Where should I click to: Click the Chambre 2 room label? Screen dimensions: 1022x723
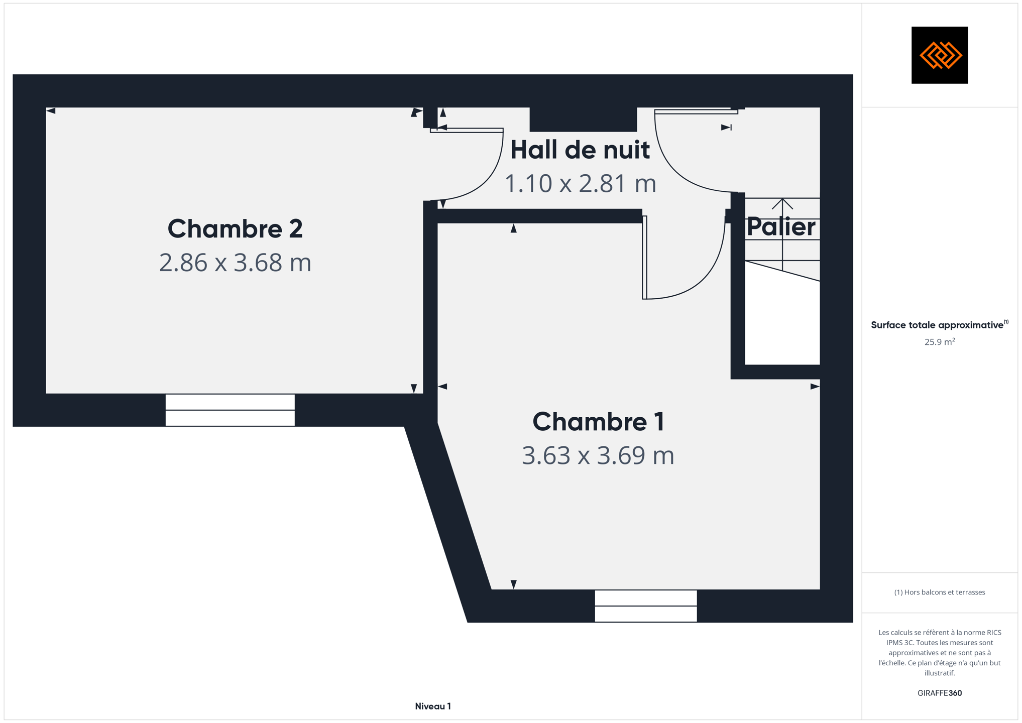click(235, 229)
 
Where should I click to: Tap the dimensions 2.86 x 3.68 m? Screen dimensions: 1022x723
click(235, 263)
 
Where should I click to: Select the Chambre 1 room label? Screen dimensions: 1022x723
click(598, 422)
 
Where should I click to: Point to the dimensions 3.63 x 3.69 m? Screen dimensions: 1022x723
click(598, 455)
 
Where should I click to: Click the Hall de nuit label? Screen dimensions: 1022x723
click(580, 150)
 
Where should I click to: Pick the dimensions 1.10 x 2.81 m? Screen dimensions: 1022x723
click(580, 183)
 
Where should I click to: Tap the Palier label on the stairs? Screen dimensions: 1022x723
click(781, 227)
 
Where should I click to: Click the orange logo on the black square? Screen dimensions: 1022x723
click(940, 55)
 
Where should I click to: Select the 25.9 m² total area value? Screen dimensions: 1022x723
click(940, 342)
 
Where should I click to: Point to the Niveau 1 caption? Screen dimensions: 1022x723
click(433, 706)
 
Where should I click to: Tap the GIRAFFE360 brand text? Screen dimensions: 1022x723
click(940, 693)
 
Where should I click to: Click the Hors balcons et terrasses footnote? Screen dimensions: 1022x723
click(940, 592)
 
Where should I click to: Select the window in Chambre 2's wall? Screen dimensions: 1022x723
click(230, 410)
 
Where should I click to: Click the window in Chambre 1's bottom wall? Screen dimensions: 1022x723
click(646, 606)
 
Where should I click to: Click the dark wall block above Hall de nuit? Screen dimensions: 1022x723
click(583, 119)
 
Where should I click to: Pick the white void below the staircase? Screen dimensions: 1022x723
click(782, 321)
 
